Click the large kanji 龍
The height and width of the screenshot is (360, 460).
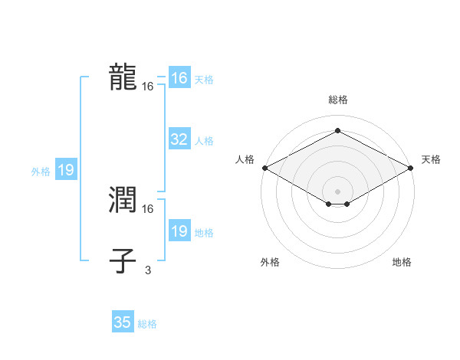tap(123, 78)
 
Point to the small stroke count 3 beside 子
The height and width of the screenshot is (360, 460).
tap(148, 270)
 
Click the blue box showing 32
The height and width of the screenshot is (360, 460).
tap(179, 139)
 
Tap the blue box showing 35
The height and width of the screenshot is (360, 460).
tap(123, 322)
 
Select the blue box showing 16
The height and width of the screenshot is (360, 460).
tap(179, 78)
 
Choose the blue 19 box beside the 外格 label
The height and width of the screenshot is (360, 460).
tap(66, 170)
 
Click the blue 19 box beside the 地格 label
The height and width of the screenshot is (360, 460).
tap(179, 231)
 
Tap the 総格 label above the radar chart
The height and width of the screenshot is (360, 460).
tap(337, 100)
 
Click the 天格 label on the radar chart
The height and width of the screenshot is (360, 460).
tap(431, 159)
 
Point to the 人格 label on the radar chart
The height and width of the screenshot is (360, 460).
tap(245, 159)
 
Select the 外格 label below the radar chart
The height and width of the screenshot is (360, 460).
tap(270, 262)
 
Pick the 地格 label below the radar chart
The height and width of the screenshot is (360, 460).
tap(402, 262)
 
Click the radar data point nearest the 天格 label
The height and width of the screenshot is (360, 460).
tap(412, 167)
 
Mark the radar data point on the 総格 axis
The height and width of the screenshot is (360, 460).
tap(337, 130)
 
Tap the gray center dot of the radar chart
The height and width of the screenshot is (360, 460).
tap(337, 190)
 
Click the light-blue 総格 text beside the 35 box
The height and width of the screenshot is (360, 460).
tap(147, 324)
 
